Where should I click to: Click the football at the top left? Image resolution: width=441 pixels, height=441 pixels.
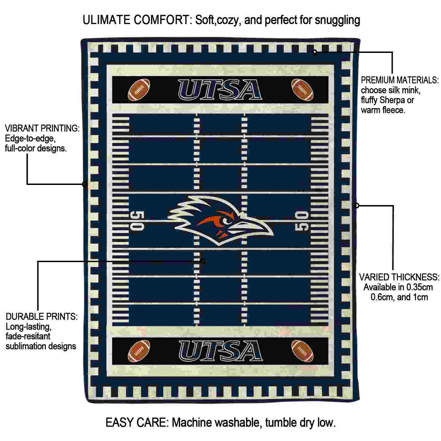(x=139, y=90)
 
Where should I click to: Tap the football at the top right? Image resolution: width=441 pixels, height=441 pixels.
(x=302, y=90)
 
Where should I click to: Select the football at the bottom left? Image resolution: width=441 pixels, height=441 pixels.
(x=139, y=351)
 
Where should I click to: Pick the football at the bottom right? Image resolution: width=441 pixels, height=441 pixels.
(x=302, y=351)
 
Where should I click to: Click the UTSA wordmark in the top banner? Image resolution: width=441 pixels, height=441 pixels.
(x=220, y=90)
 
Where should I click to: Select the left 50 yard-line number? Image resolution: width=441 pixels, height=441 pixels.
(x=137, y=220)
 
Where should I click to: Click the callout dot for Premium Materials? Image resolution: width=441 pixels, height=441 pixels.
(x=314, y=52)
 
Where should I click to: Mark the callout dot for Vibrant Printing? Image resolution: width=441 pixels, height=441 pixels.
(x=85, y=184)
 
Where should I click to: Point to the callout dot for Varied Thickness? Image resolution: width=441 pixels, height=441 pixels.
(x=357, y=205)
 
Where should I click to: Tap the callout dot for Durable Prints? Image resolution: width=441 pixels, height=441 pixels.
(x=203, y=261)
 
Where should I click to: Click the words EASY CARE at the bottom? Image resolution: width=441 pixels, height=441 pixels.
(x=137, y=422)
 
